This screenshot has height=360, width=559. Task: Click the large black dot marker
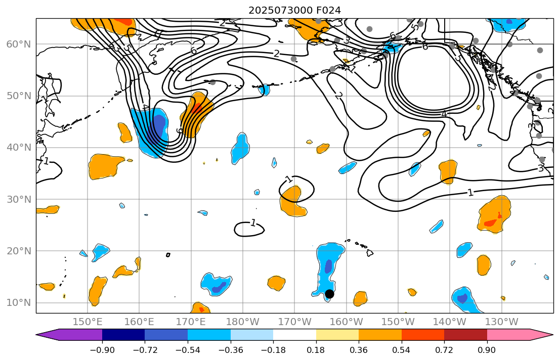(329, 294)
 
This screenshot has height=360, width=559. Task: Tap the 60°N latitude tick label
(18, 44)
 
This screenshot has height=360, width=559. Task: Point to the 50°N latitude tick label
(18, 96)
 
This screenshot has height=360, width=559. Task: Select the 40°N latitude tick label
(18, 148)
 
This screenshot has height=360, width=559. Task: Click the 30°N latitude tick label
(18, 199)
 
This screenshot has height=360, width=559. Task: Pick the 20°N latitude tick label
(18, 251)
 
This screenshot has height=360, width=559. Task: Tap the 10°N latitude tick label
(18, 303)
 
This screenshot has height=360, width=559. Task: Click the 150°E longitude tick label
(88, 322)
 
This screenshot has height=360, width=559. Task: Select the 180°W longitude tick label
(243, 322)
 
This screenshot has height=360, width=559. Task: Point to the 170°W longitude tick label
(294, 322)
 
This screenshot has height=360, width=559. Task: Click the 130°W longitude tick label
(501, 322)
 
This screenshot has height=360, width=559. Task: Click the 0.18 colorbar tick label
(316, 350)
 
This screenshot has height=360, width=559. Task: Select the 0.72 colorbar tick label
(444, 350)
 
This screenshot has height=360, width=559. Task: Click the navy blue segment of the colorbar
(123, 335)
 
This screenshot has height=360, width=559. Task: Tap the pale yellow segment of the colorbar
(337, 335)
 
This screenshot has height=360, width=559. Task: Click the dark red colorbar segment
(465, 335)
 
